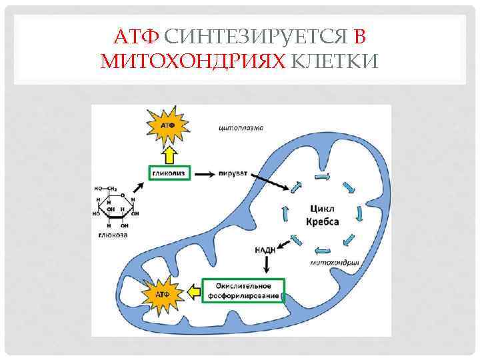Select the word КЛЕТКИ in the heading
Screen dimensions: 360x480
coord(335,62)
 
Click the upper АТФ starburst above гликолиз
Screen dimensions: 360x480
coord(167,125)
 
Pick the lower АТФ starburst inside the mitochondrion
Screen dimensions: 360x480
coord(162,293)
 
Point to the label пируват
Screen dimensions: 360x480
coord(232,174)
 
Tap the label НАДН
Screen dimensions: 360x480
coord(265,250)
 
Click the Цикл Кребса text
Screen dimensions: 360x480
coord(322,215)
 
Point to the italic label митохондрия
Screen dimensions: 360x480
coord(335,263)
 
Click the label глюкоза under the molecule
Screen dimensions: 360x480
coord(115,235)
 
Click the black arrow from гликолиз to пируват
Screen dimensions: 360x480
coord(203,174)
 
